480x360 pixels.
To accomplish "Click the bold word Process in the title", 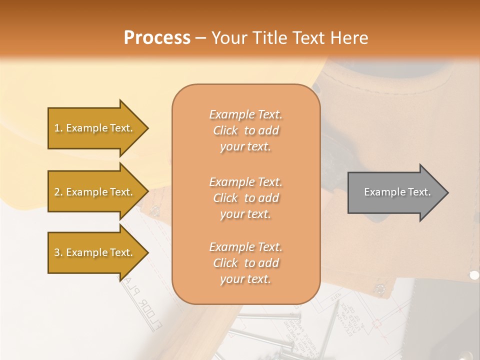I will coord(157,38).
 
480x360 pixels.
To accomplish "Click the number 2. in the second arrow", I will coord(58,192).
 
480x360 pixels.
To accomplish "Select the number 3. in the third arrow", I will coord(58,252).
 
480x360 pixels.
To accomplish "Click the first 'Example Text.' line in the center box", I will coord(245,114).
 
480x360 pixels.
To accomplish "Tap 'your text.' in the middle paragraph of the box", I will coord(245,214).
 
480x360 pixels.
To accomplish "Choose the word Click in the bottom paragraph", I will coord(225,263).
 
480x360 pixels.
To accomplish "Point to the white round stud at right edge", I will coord(474,274).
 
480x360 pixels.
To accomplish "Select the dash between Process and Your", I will coord(200,38).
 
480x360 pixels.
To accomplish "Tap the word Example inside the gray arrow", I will coord(381,192).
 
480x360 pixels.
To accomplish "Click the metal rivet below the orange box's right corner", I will coord(379,288).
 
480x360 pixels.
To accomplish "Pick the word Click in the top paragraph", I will coord(225,130).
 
